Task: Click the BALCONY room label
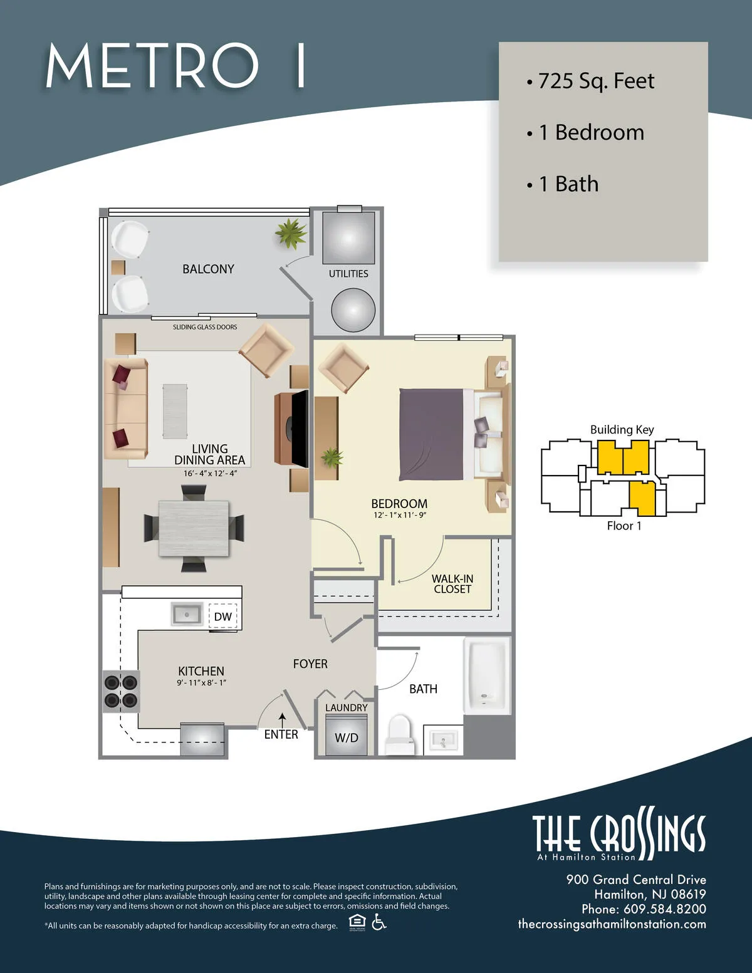[x=208, y=269]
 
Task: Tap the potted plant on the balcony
[x=290, y=234]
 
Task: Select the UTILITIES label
[x=348, y=274]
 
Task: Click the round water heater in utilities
[x=353, y=310]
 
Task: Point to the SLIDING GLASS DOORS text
[x=205, y=327]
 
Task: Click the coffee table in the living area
[x=175, y=411]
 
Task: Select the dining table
[x=193, y=528]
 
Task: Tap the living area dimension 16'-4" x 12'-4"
[x=210, y=473]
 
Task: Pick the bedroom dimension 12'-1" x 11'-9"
[x=399, y=515]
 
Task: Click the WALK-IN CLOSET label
[x=452, y=584]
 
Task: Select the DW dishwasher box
[x=222, y=617]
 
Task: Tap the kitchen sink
[x=187, y=615]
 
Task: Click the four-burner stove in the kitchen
[x=121, y=691]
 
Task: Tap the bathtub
[x=487, y=675]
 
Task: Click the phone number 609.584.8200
[x=664, y=909]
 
